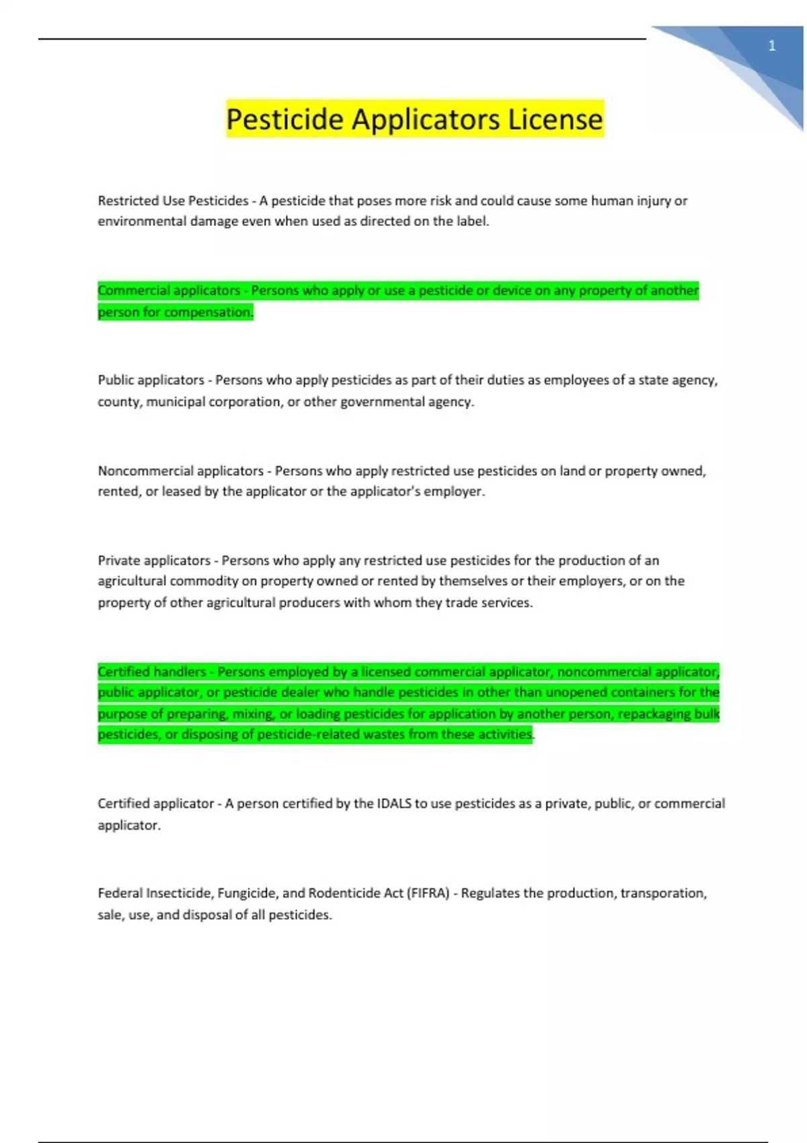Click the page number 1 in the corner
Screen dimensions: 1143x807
pos(771,46)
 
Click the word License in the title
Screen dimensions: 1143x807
pos(555,119)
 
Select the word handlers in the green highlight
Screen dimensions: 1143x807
pos(180,672)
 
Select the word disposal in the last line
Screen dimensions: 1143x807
pos(206,914)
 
